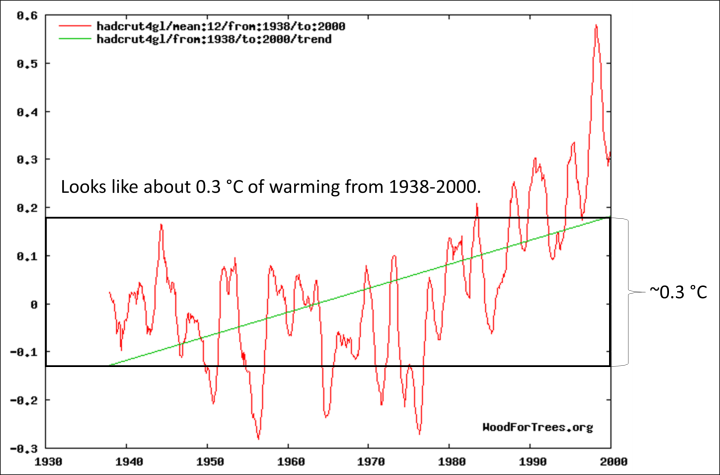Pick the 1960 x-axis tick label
(x=288, y=463)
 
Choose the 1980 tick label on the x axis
(x=449, y=463)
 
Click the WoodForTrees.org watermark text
(x=537, y=427)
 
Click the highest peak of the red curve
(x=596, y=26)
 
